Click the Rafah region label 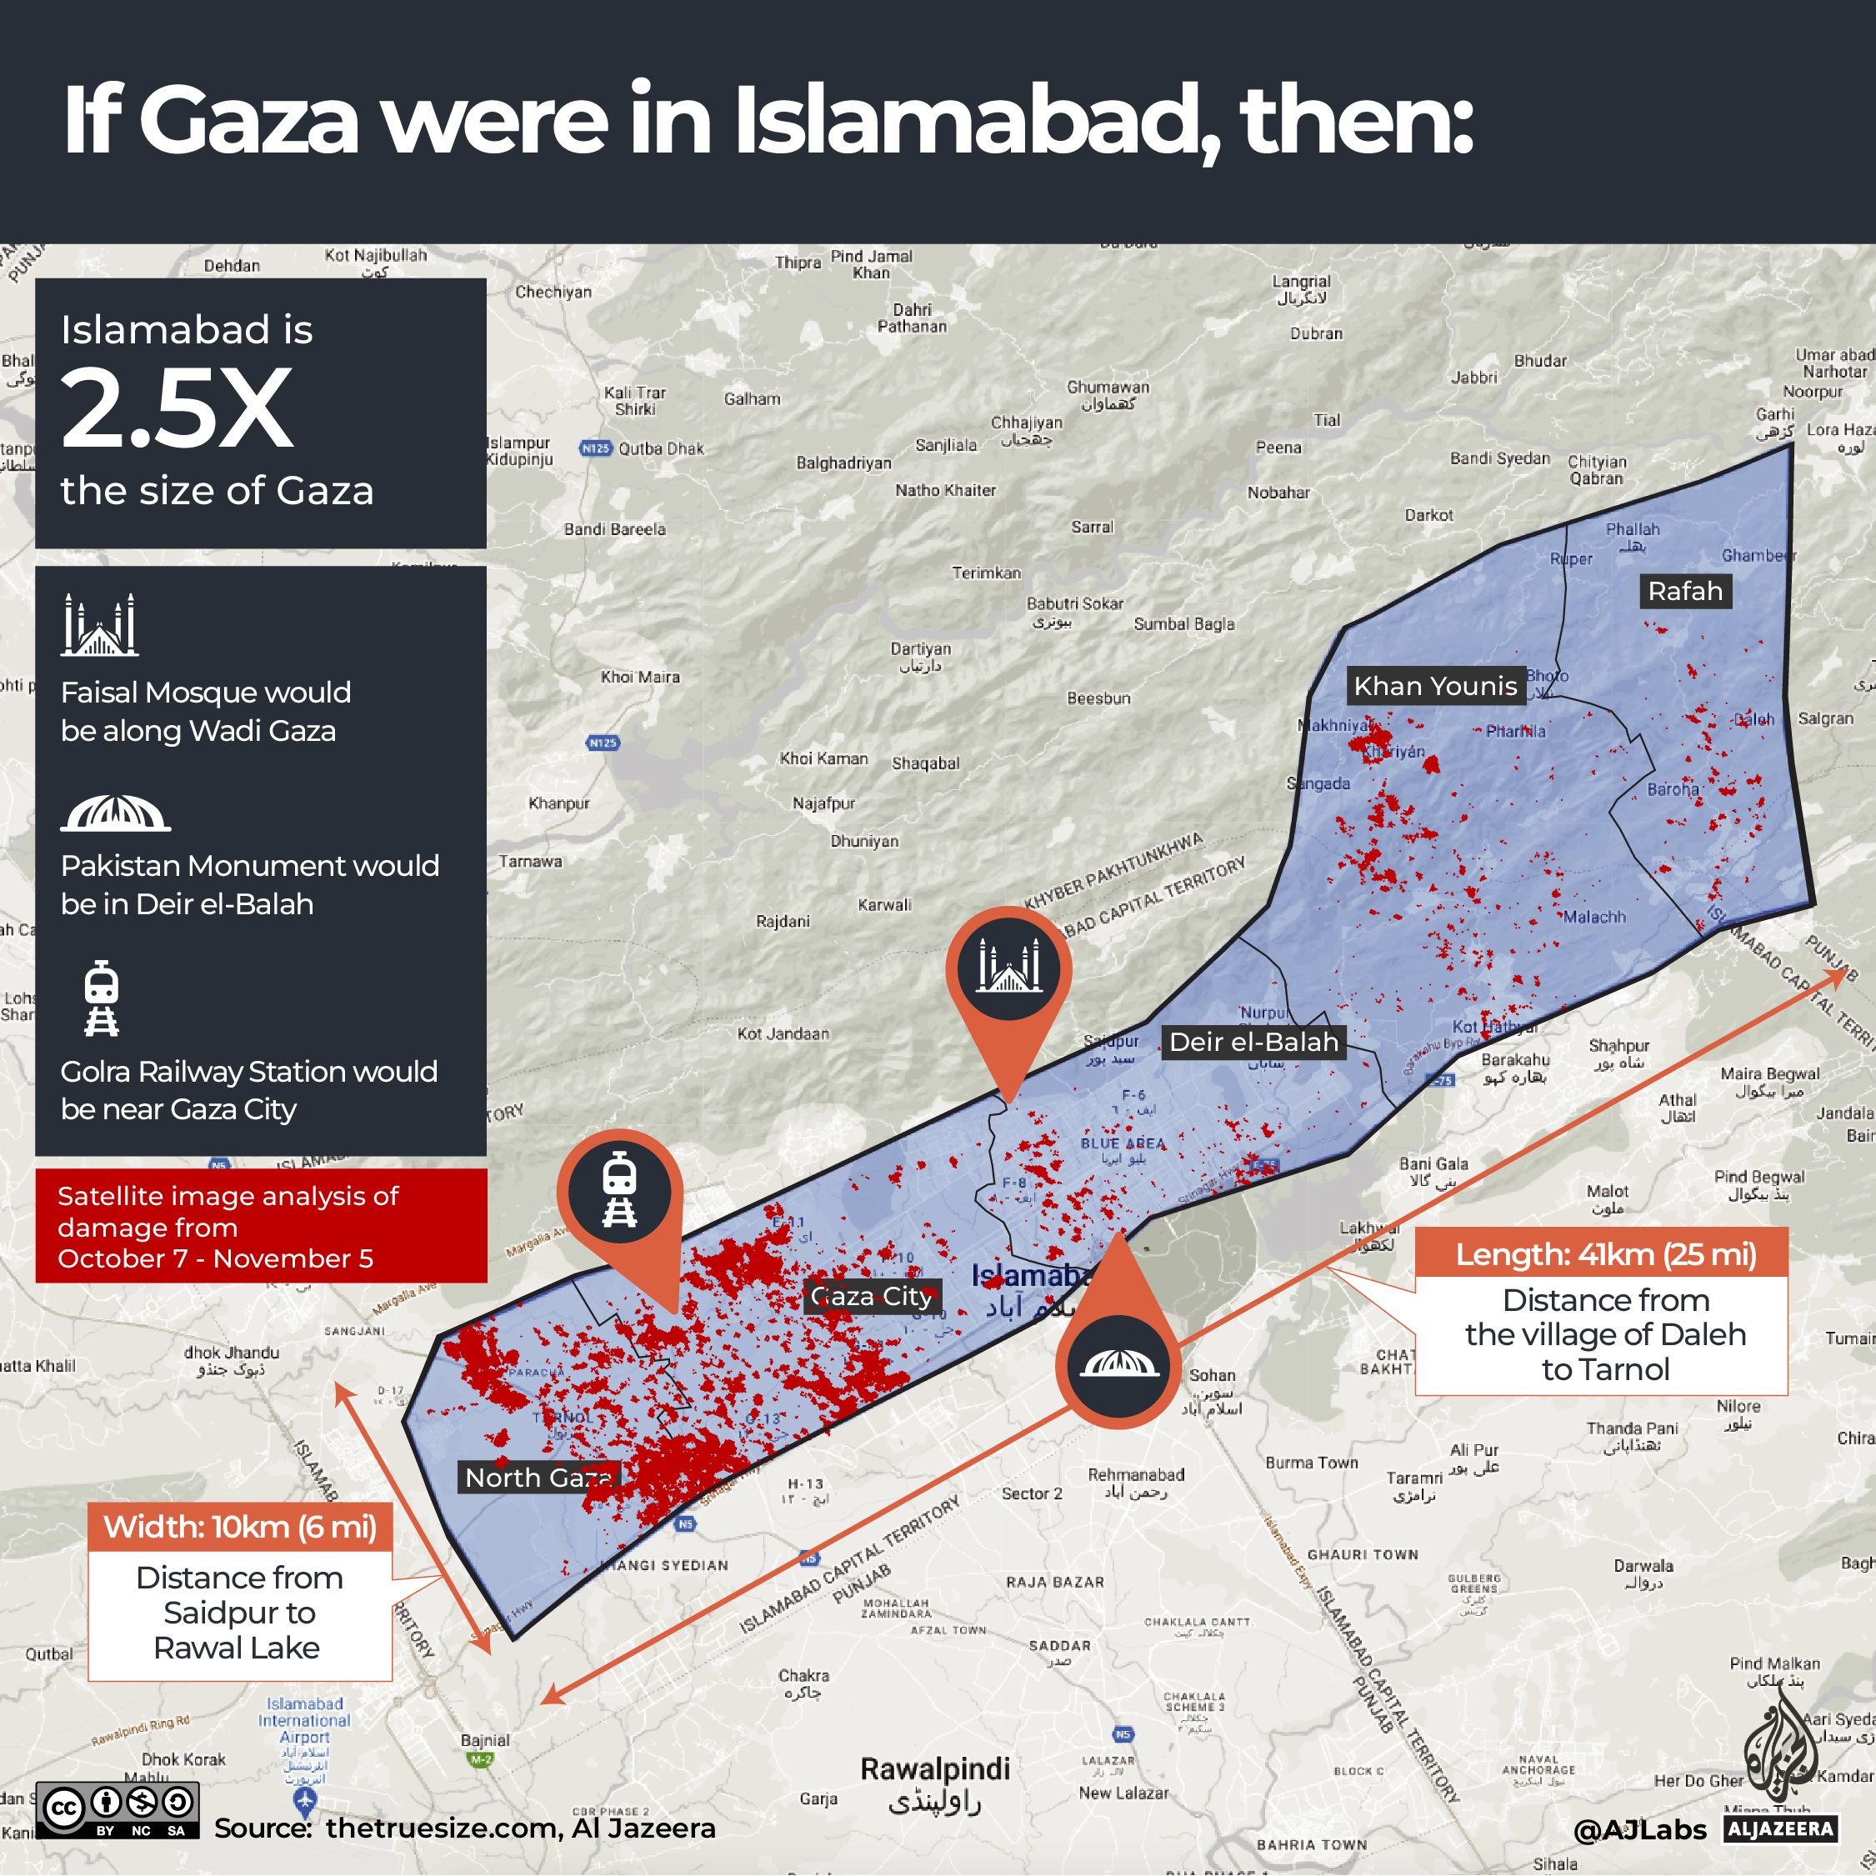coord(1684,592)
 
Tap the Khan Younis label coord(1435,687)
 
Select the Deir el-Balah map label coord(1253,1042)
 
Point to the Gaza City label coord(871,1296)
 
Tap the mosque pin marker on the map coord(1009,967)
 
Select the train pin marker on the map coord(619,1190)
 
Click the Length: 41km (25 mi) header coord(1605,1254)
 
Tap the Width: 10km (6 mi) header coord(240,1527)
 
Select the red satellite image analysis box coord(261,1227)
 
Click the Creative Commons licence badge coord(118,1810)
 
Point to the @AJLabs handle coord(1639,1830)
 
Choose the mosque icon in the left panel coord(100,625)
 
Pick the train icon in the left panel coord(101,998)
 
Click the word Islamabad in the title coord(974,120)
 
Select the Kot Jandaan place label coord(783,1034)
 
